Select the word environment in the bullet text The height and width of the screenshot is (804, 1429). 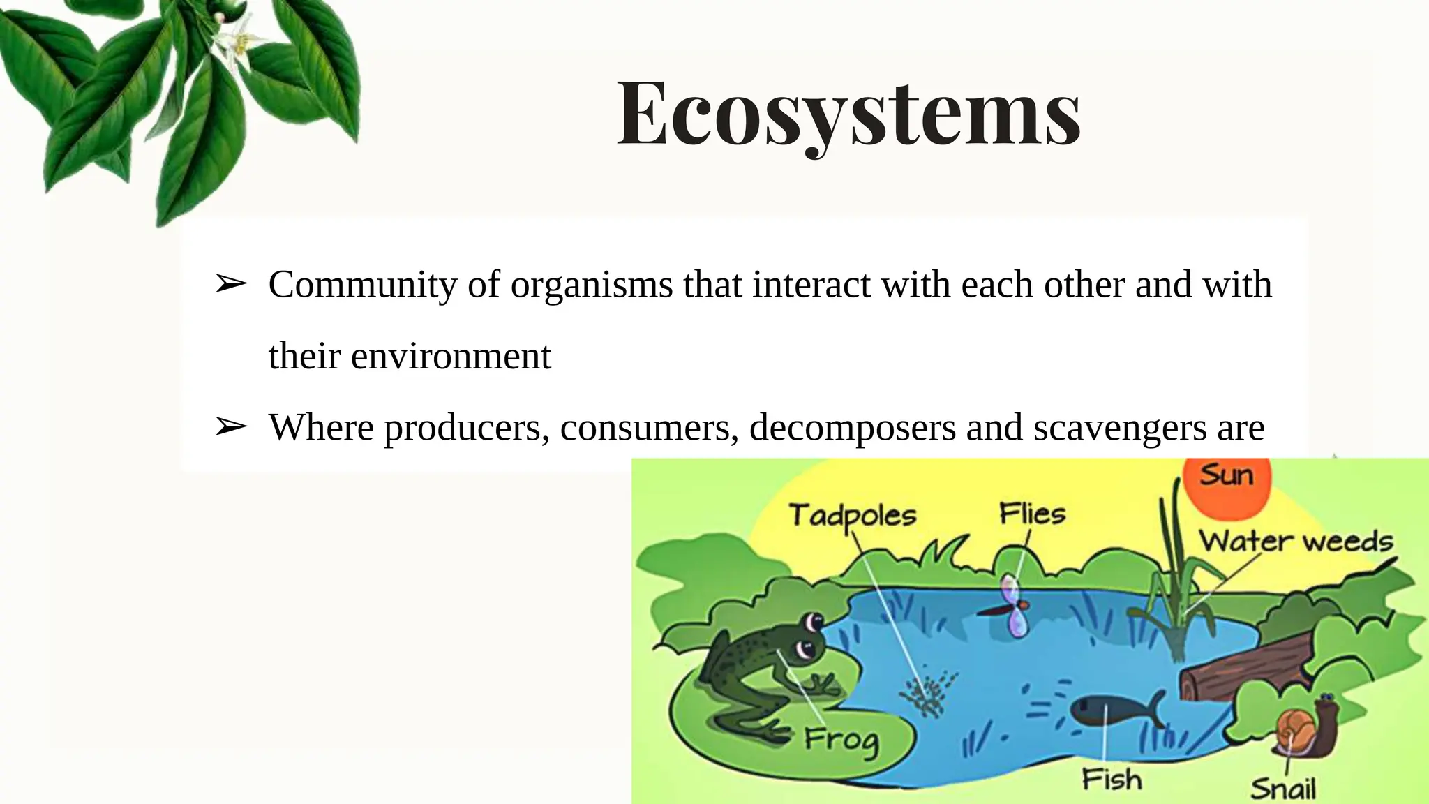coord(451,357)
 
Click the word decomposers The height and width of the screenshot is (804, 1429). coord(852,428)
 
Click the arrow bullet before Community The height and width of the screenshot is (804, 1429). coord(230,284)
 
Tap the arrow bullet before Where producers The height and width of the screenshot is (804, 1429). coord(230,426)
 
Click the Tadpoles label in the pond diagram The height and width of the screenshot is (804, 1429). coord(852,516)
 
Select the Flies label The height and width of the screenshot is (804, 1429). coord(1032,514)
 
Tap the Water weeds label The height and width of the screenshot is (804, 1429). coord(1295,542)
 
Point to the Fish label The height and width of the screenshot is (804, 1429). coord(1112,779)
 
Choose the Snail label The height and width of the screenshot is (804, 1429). coord(1282,789)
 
